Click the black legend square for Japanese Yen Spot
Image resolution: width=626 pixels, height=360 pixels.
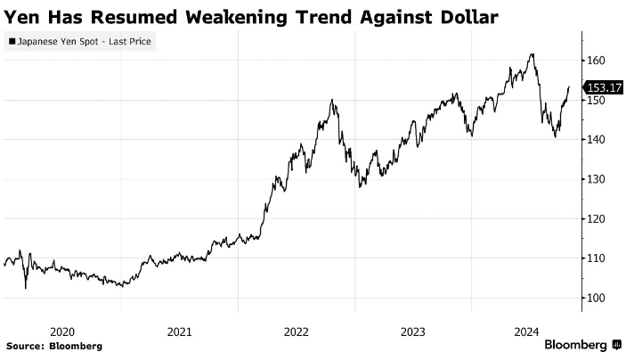[11, 41]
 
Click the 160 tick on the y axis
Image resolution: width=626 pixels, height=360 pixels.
[596, 61]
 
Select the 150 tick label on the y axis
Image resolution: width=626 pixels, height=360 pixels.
[596, 101]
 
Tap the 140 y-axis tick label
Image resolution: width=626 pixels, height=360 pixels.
[596, 140]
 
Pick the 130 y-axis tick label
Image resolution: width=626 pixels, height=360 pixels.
[596, 179]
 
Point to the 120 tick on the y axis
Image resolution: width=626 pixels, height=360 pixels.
[596, 219]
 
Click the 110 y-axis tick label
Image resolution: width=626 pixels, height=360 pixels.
[596, 258]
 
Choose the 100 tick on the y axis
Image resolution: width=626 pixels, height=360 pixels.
[596, 298]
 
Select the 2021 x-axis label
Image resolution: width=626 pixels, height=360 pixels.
[180, 331]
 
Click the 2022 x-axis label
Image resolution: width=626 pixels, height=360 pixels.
[297, 331]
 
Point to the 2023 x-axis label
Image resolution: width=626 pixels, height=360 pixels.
[413, 331]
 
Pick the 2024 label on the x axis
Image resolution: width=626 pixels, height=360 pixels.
[529, 331]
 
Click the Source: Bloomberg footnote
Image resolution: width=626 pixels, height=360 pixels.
[54, 346]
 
